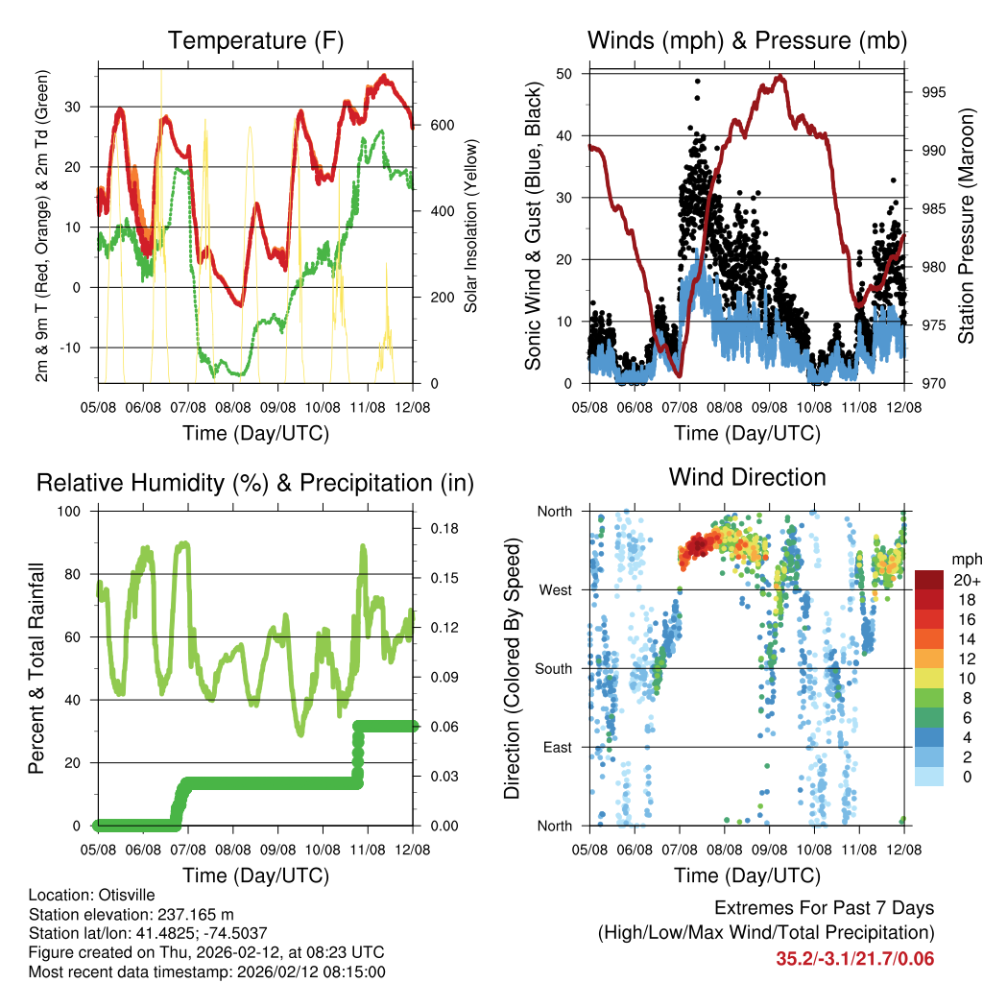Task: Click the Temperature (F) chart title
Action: [x=255, y=41]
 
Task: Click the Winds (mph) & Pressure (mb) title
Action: [x=747, y=41]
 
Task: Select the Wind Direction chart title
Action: [x=747, y=477]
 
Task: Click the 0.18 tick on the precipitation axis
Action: [x=444, y=528]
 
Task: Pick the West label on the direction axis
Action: [x=554, y=589]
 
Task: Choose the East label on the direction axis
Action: [x=556, y=747]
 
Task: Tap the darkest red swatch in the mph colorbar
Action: [x=929, y=580]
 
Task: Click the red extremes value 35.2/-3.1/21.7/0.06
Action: [x=854, y=959]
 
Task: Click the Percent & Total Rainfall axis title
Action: [x=37, y=668]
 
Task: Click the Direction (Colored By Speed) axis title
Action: [x=513, y=668]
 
